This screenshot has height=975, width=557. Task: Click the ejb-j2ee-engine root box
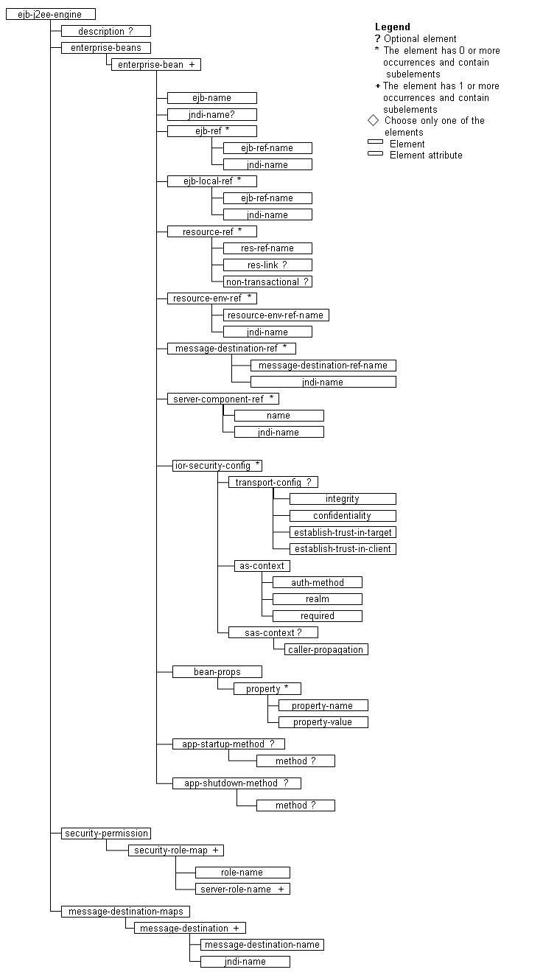click(50, 14)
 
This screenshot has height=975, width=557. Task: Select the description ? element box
click(105, 31)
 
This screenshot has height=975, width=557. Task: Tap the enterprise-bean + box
click(155, 64)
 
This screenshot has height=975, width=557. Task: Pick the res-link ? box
click(267, 265)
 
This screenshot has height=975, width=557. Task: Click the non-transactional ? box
click(267, 282)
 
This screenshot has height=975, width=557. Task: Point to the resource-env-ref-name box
click(276, 315)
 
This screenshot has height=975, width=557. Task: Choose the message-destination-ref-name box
click(323, 366)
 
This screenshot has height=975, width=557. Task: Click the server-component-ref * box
click(223, 399)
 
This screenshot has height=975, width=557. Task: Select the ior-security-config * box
click(217, 465)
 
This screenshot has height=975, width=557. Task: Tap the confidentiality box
click(342, 516)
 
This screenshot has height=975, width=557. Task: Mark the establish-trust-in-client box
click(342, 549)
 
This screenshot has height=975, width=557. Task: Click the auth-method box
click(317, 582)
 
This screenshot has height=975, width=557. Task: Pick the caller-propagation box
click(326, 649)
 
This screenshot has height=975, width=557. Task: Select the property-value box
click(323, 722)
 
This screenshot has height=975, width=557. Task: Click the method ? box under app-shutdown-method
click(295, 805)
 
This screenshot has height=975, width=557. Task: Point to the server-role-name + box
click(242, 889)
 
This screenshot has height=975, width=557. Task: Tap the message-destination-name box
click(262, 945)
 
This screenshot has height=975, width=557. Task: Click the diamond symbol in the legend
click(373, 120)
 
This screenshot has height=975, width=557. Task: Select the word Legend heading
click(393, 27)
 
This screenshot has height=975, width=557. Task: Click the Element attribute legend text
click(426, 155)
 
